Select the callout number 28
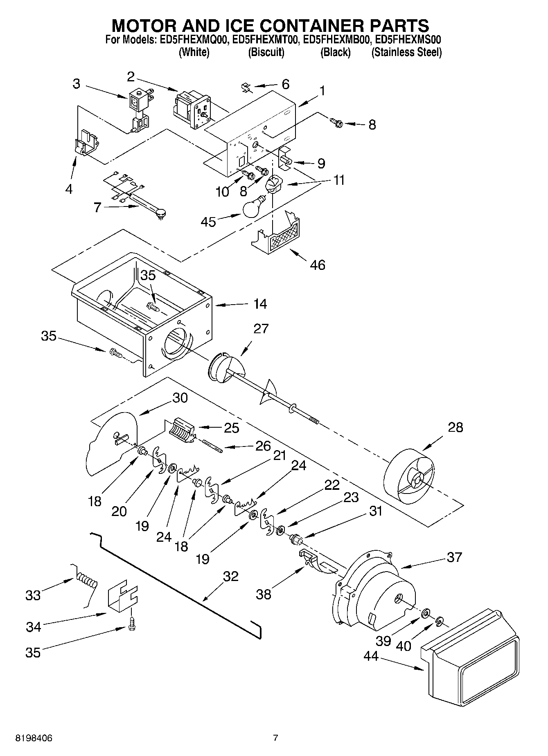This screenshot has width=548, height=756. [x=455, y=427]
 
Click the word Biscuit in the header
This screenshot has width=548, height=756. [x=266, y=52]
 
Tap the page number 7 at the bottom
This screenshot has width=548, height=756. [x=275, y=738]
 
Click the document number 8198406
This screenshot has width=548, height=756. [x=34, y=738]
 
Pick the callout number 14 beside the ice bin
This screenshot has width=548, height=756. [x=260, y=304]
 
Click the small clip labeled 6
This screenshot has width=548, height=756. [x=246, y=87]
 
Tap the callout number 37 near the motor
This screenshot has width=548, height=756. [x=454, y=557]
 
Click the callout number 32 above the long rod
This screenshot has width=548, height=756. [x=231, y=576]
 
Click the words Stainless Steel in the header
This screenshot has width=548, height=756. [x=406, y=52]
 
